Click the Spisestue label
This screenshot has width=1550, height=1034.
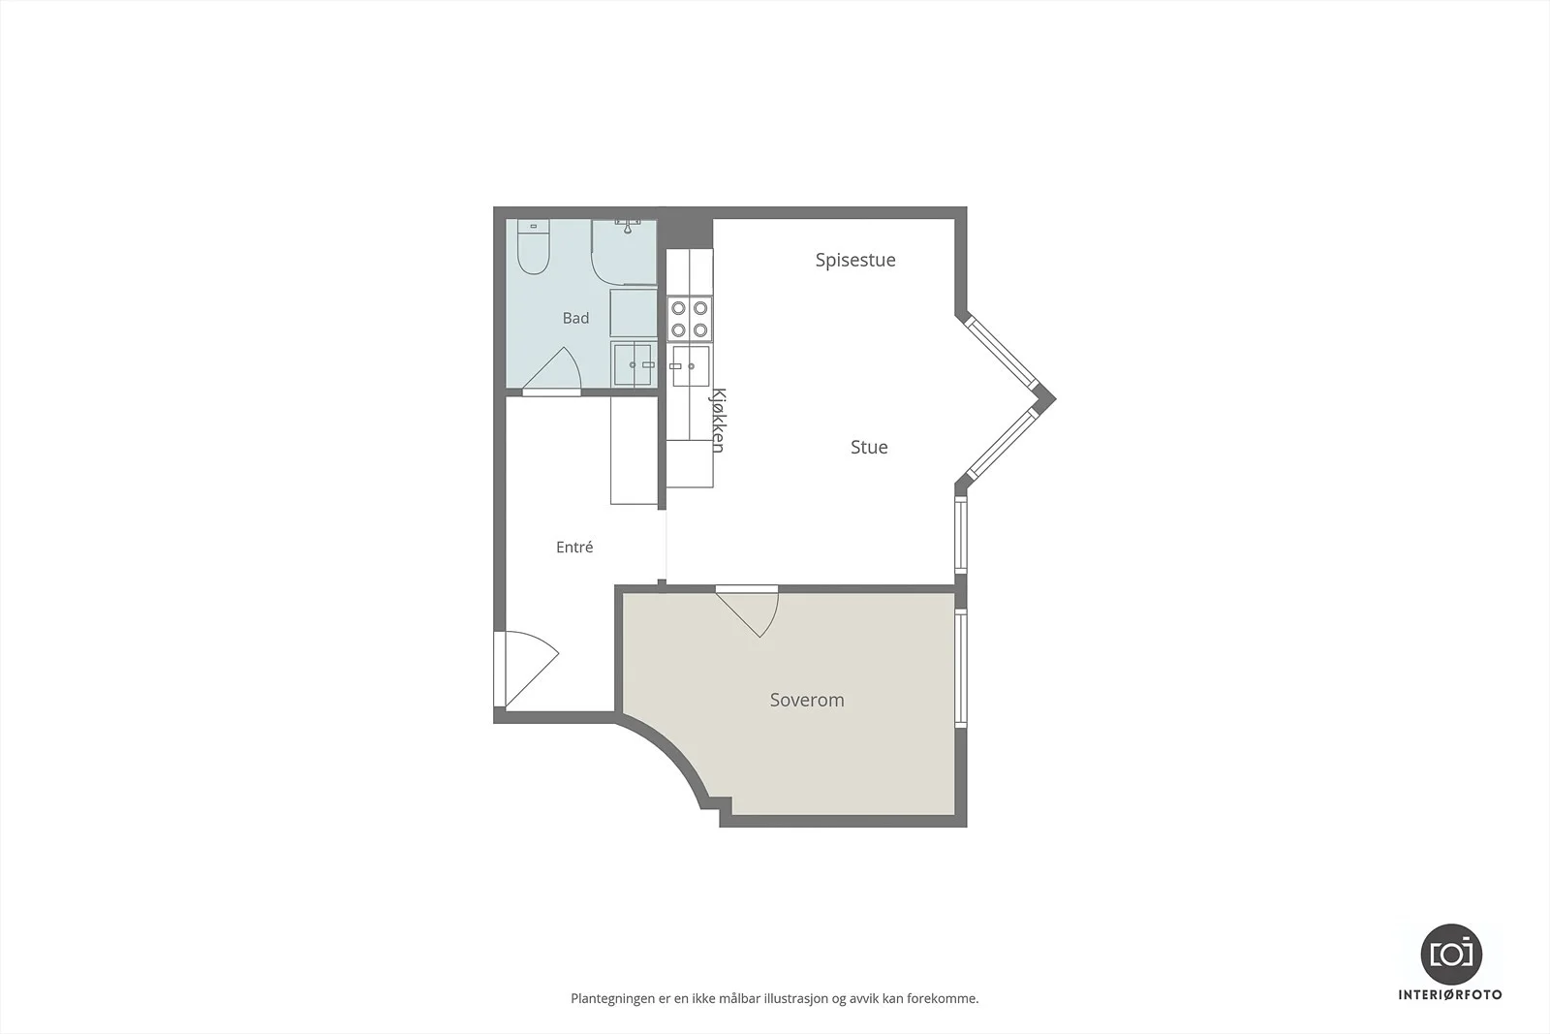tap(855, 261)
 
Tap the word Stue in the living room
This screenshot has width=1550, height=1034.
tap(869, 447)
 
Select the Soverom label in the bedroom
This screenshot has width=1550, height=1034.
tap(807, 700)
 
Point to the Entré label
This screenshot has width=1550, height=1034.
tap(574, 547)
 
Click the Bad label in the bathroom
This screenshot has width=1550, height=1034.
tap(575, 319)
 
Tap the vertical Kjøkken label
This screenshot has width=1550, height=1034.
tap(718, 421)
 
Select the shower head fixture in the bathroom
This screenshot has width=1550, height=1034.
tap(628, 227)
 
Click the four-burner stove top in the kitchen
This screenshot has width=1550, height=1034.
tap(690, 319)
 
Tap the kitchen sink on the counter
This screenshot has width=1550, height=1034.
tap(690, 366)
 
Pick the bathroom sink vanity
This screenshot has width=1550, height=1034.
tap(634, 364)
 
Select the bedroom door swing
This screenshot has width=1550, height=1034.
tap(748, 611)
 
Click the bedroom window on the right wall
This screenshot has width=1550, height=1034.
tap(961, 667)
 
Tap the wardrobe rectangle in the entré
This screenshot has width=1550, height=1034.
tap(634, 451)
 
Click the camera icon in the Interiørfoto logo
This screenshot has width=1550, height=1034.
tap(1451, 955)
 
